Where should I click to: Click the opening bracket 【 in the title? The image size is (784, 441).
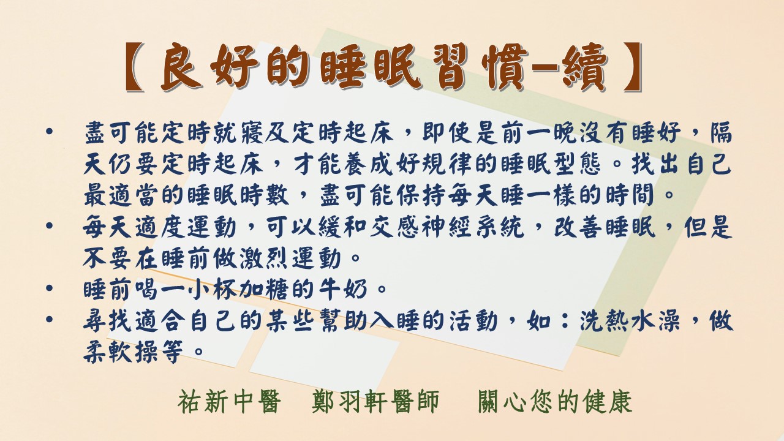pyautogui.click(x=135, y=67)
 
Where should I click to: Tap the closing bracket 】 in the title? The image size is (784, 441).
pyautogui.click(x=633, y=67)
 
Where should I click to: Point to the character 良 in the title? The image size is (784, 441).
pyautogui.click(x=183, y=67)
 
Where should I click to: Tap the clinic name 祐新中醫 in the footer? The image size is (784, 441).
pyautogui.click(x=229, y=402)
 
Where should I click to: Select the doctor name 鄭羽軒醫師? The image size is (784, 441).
pyautogui.click(x=375, y=402)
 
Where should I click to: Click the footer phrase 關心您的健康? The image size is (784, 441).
pyautogui.click(x=555, y=402)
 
